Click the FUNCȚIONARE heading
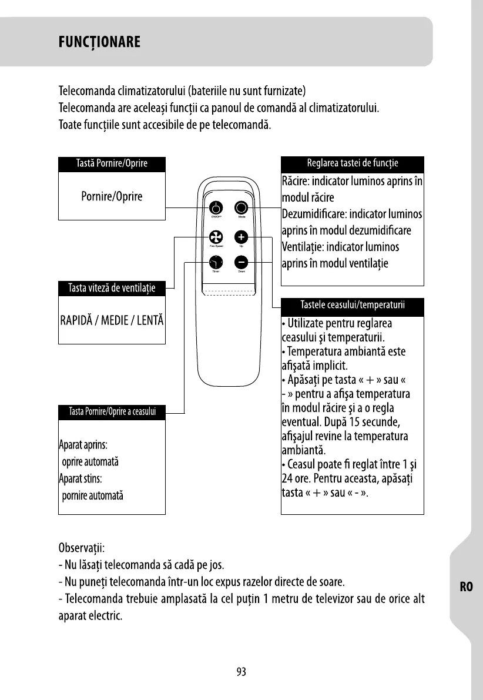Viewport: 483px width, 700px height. (x=99, y=42)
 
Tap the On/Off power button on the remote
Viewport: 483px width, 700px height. (x=216, y=208)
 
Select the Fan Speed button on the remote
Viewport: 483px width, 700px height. (x=216, y=237)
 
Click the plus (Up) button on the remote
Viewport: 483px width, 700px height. (x=241, y=237)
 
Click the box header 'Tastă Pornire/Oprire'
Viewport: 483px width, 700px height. (x=112, y=164)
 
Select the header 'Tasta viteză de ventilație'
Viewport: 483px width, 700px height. (x=112, y=288)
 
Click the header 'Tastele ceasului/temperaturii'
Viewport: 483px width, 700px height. (x=352, y=306)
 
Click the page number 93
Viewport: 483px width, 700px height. (x=241, y=672)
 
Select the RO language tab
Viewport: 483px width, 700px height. (x=467, y=587)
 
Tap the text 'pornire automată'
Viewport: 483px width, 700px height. (x=92, y=495)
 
